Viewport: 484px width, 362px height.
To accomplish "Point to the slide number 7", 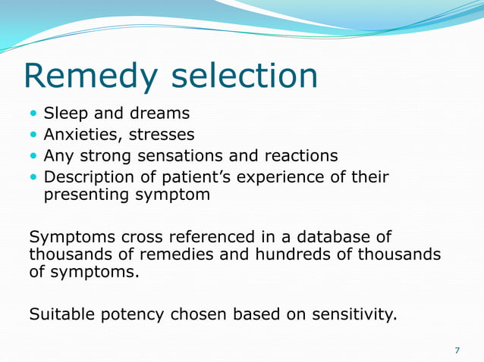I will click(x=457, y=350).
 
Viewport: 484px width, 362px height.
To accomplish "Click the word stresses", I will click(x=161, y=135).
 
